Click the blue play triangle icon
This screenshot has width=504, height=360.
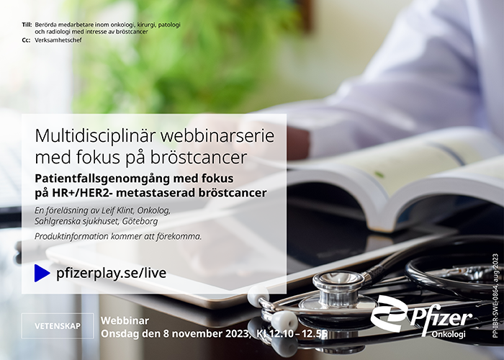(42, 273)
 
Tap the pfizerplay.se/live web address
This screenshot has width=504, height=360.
(111, 273)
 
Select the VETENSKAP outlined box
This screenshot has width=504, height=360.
(58, 325)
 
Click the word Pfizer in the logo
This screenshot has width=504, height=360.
(441, 319)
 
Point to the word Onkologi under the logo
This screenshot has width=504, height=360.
(449, 334)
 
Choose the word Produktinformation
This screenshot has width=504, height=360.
(72, 236)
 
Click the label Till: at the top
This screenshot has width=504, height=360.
(27, 24)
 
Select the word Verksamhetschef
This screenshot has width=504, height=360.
(58, 40)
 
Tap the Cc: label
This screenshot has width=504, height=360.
(26, 40)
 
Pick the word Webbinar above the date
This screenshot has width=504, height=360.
(125, 321)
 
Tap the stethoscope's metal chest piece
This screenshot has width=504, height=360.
(338, 292)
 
